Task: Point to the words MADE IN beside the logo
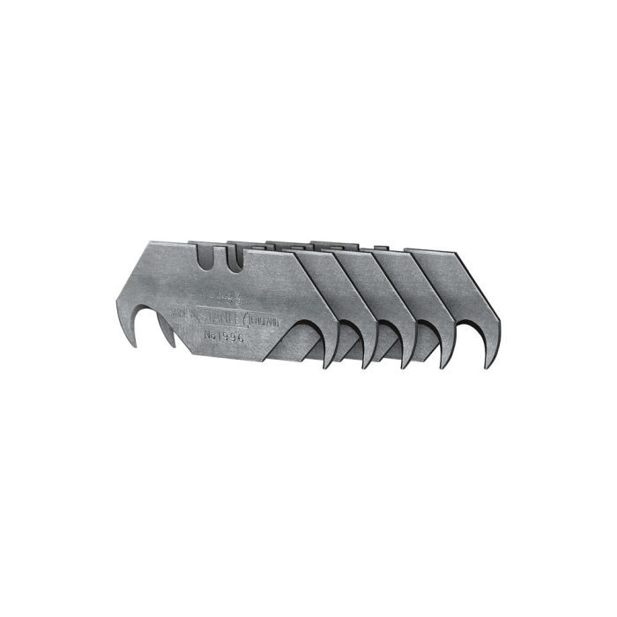click(183, 314)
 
